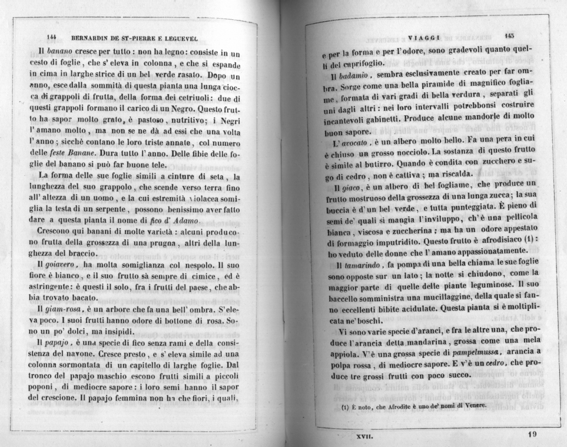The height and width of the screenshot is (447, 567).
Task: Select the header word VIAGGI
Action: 420,35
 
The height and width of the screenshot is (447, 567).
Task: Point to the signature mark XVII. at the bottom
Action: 363,436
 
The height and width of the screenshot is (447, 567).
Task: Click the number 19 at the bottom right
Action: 532,435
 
